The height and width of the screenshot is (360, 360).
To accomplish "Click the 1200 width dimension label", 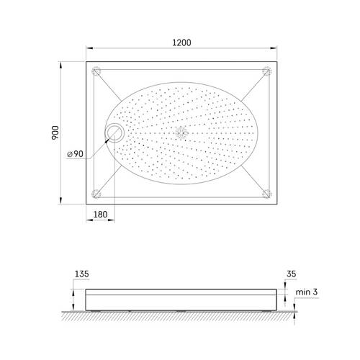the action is click(181, 42).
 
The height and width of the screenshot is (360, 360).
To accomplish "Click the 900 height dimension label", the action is click(55, 132).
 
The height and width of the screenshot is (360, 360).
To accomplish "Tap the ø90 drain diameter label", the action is click(75, 154).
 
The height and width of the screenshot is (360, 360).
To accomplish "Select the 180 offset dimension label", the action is click(100, 215).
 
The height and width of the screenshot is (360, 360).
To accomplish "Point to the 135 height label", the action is click(82, 274).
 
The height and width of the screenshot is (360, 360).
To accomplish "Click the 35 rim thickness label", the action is click(291, 274).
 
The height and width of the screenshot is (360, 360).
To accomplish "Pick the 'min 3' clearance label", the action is click(307, 292).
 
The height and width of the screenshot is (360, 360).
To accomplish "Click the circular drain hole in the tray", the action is click(114, 132).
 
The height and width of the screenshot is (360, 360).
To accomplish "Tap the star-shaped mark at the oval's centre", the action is click(181, 132).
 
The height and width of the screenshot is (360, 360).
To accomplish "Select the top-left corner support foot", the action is click(96, 71).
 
